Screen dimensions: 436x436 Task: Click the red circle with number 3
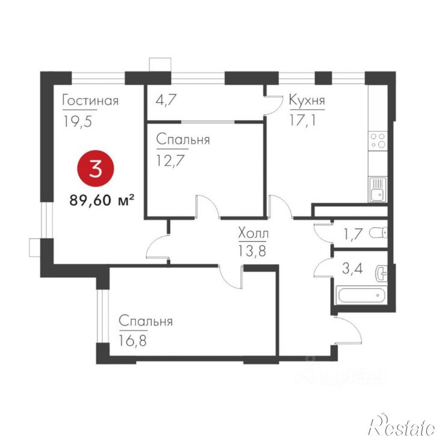[x=96, y=168]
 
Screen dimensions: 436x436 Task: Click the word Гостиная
[x=91, y=100]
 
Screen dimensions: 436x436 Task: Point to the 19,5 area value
[x=78, y=121]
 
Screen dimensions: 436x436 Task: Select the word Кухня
[x=307, y=100]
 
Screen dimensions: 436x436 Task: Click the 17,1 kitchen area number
[x=303, y=120]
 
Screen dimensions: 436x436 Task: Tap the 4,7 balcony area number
[x=166, y=100]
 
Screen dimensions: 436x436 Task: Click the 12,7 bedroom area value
[x=170, y=160]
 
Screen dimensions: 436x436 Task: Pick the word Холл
[x=253, y=233]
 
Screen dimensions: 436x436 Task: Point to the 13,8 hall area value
[x=252, y=251]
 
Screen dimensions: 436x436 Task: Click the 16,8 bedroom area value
[x=133, y=340]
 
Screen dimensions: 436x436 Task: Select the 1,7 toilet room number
[x=353, y=234]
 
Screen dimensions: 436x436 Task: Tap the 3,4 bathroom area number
[x=352, y=269]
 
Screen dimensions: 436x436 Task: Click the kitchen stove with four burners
[x=378, y=140]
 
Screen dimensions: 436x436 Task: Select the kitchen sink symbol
[x=378, y=189]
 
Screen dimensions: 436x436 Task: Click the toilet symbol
[x=378, y=233]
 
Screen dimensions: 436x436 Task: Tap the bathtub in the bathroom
[x=361, y=295]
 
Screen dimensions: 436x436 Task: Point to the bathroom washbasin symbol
[x=381, y=274]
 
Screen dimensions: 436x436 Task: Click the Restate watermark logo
[x=402, y=425]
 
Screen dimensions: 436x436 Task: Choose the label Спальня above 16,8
[x=146, y=321]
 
